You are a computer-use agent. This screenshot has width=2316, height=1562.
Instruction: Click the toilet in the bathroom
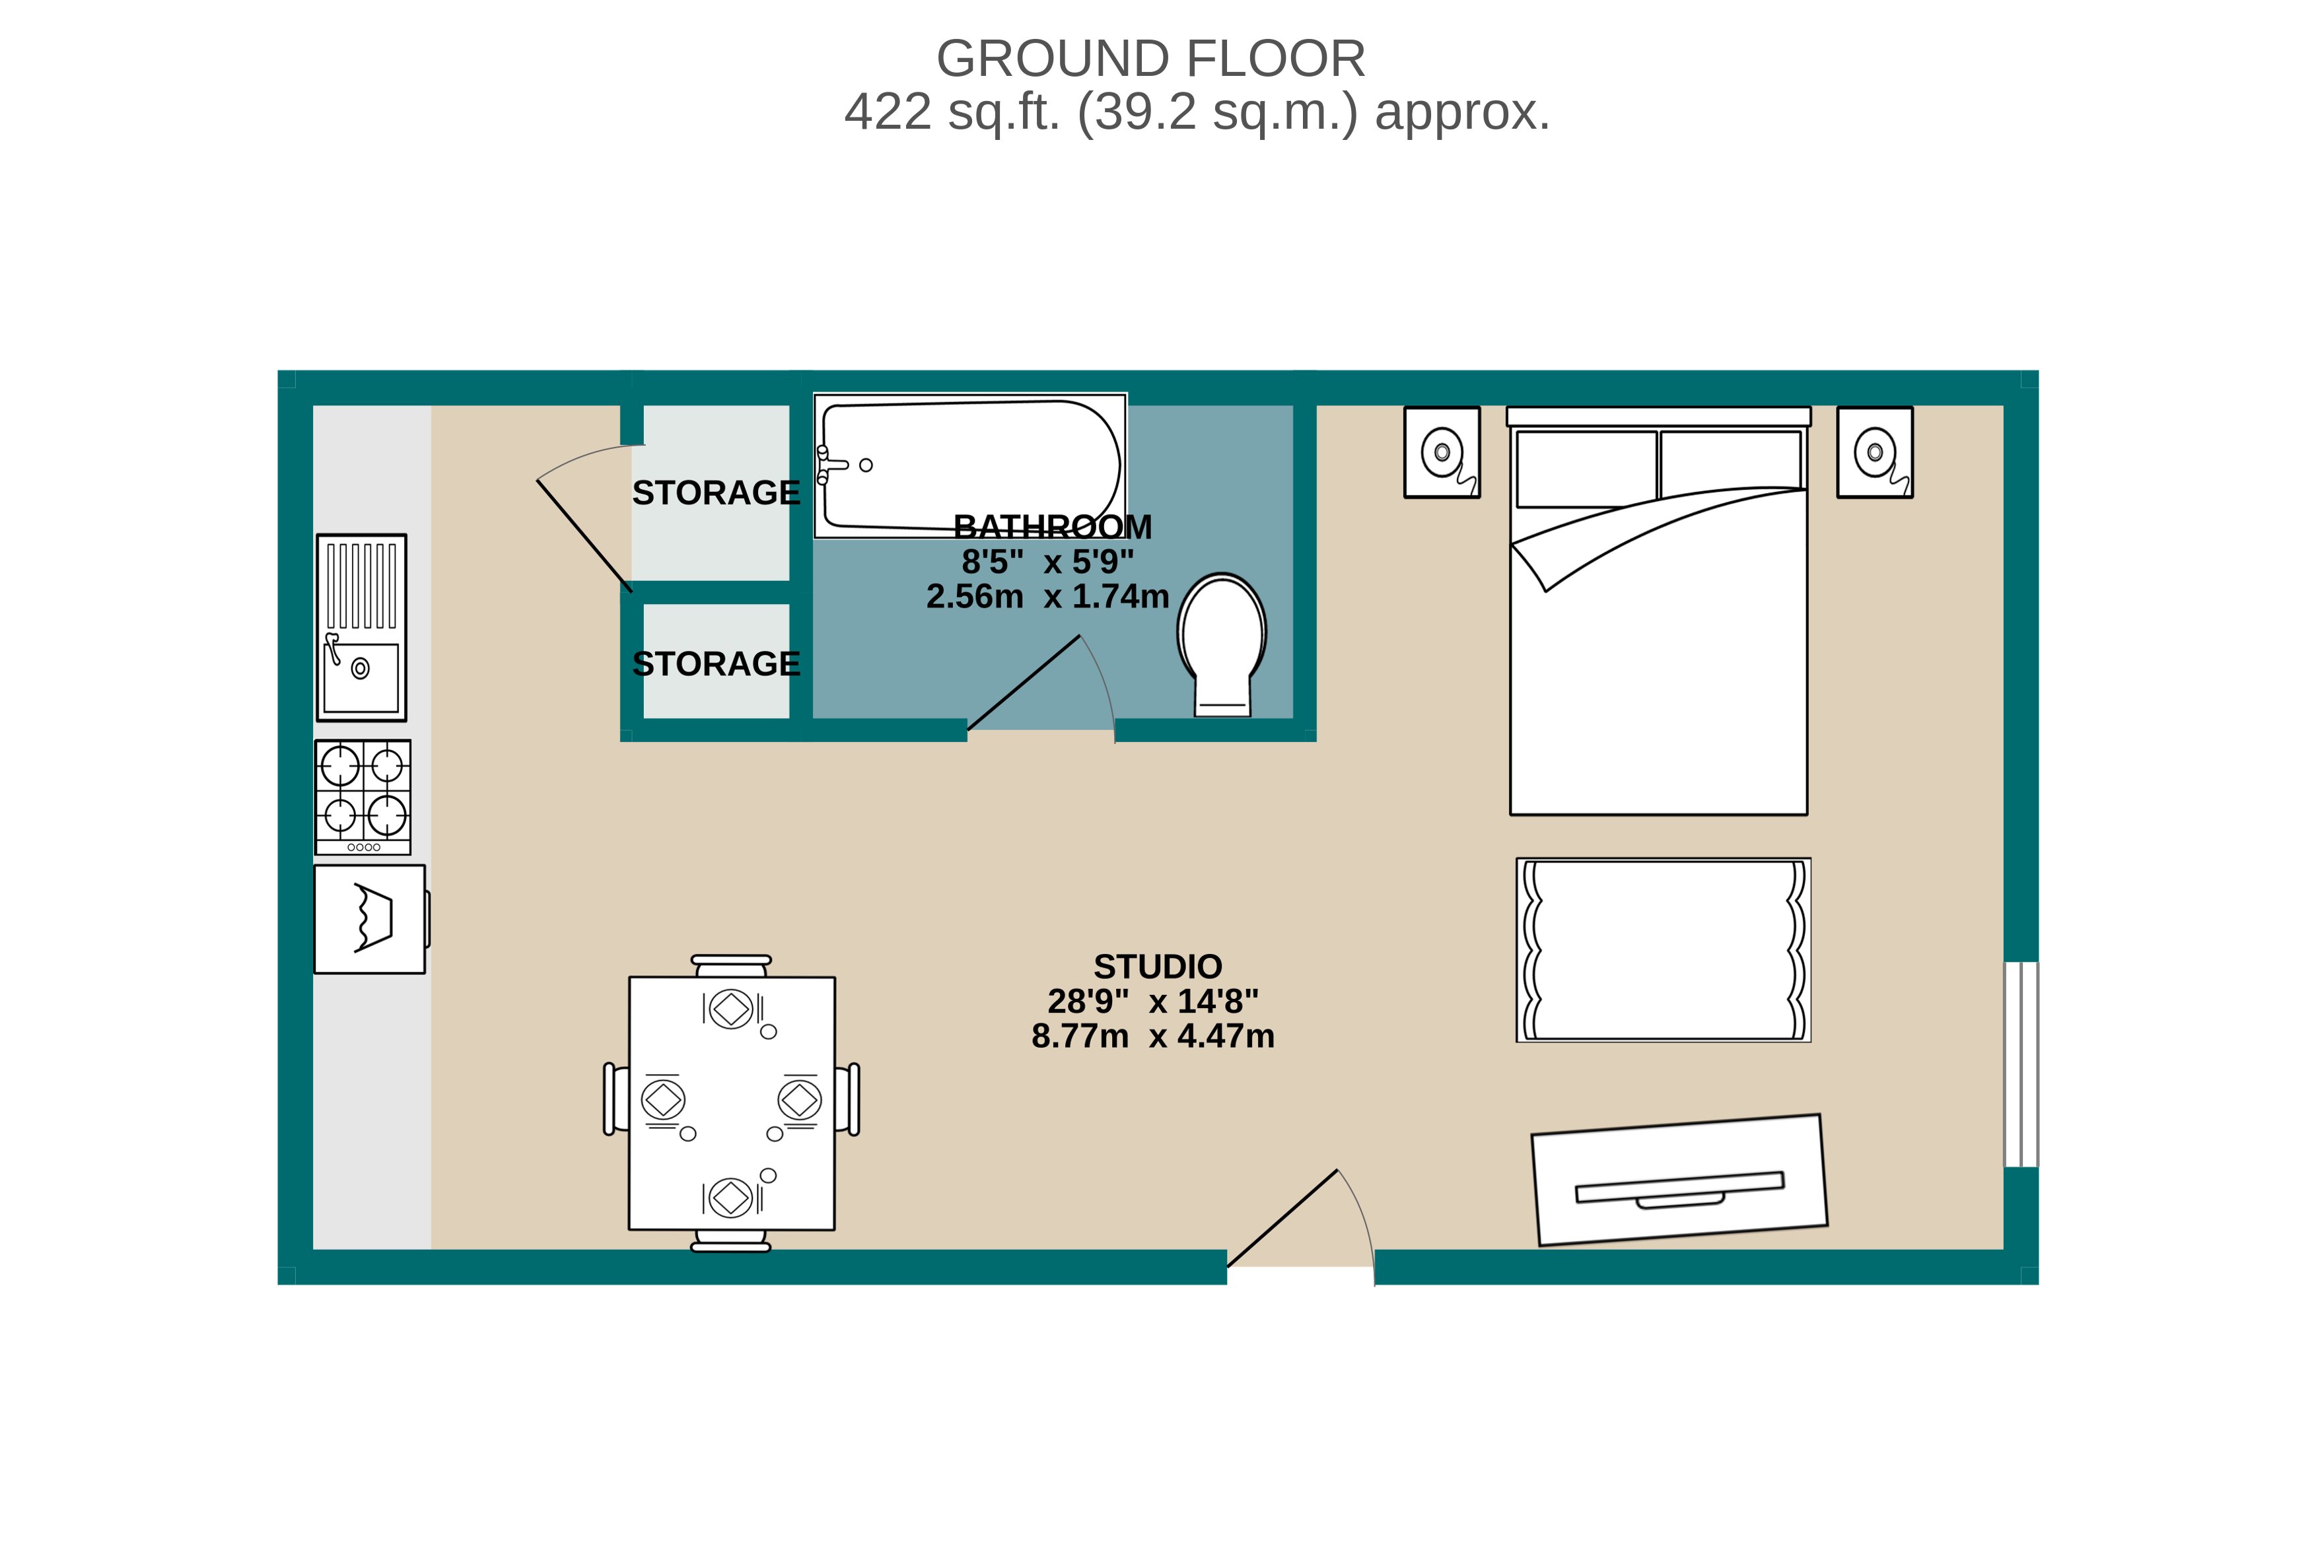[x=1222, y=642]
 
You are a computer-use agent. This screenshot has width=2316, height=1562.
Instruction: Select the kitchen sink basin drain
[x=361, y=668]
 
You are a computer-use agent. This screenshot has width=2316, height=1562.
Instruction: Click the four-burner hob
[x=363, y=796]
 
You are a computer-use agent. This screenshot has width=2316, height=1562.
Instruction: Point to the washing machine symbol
[x=370, y=918]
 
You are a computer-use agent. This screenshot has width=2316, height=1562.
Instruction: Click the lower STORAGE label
[x=715, y=663]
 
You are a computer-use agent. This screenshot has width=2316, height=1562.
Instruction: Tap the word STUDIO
[x=1157, y=967]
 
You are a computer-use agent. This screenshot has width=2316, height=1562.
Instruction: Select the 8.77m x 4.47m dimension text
[x=1153, y=1036]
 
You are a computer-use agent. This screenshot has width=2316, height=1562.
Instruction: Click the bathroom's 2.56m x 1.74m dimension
[x=1047, y=597]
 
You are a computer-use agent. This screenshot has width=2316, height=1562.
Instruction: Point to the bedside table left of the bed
[x=1441, y=452]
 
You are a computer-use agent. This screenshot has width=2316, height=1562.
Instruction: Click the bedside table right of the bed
[x=1874, y=452]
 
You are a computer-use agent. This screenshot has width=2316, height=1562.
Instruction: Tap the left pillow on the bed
[x=1586, y=468]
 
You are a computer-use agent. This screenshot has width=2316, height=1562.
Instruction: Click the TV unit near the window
[x=1680, y=1180]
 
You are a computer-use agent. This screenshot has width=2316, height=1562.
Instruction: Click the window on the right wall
[x=2021, y=1064]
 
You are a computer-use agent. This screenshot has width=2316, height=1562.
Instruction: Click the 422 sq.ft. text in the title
[x=952, y=112]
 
